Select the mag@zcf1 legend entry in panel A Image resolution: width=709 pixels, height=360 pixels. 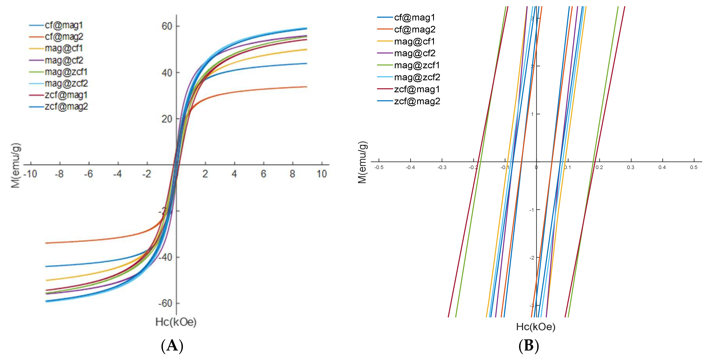[66, 72]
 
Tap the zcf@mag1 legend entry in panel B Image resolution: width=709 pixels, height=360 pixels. [417, 89]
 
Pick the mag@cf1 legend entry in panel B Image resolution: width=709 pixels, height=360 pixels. [414, 42]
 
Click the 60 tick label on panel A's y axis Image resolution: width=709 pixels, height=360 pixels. [167, 26]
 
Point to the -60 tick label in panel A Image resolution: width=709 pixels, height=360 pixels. [165, 303]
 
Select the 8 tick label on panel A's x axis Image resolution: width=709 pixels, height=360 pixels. [292, 174]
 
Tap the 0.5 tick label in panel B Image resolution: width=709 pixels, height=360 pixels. [693, 167]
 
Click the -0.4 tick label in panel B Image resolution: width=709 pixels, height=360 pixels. [410, 167]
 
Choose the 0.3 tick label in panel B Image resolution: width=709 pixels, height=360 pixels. [631, 167]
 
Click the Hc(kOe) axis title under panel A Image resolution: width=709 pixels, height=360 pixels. [176, 322]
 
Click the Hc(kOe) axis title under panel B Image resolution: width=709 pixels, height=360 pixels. [536, 327]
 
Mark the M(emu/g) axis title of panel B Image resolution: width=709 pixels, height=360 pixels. [362, 162]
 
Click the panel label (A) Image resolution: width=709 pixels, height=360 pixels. [172, 345]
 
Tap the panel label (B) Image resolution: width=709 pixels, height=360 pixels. [529, 345]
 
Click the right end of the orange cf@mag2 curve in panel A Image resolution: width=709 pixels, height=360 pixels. [306, 87]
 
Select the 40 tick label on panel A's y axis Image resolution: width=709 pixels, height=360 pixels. [167, 73]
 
